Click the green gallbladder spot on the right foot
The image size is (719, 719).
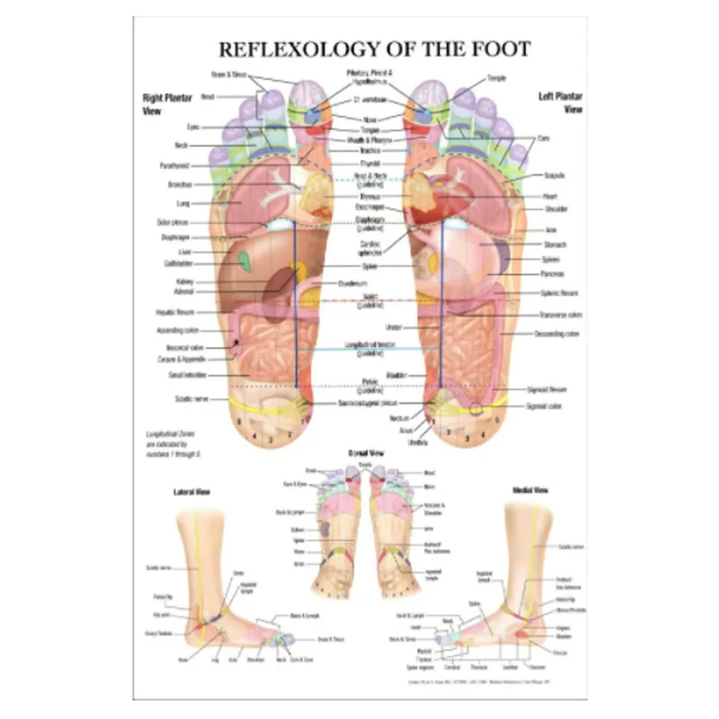click(244, 262)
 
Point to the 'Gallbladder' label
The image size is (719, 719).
click(179, 264)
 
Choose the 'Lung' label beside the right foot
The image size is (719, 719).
click(184, 203)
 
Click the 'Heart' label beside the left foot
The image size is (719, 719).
click(551, 196)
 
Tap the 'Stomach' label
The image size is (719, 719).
click(555, 244)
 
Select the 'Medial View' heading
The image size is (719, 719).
click(525, 491)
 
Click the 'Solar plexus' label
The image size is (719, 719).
click(173, 221)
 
